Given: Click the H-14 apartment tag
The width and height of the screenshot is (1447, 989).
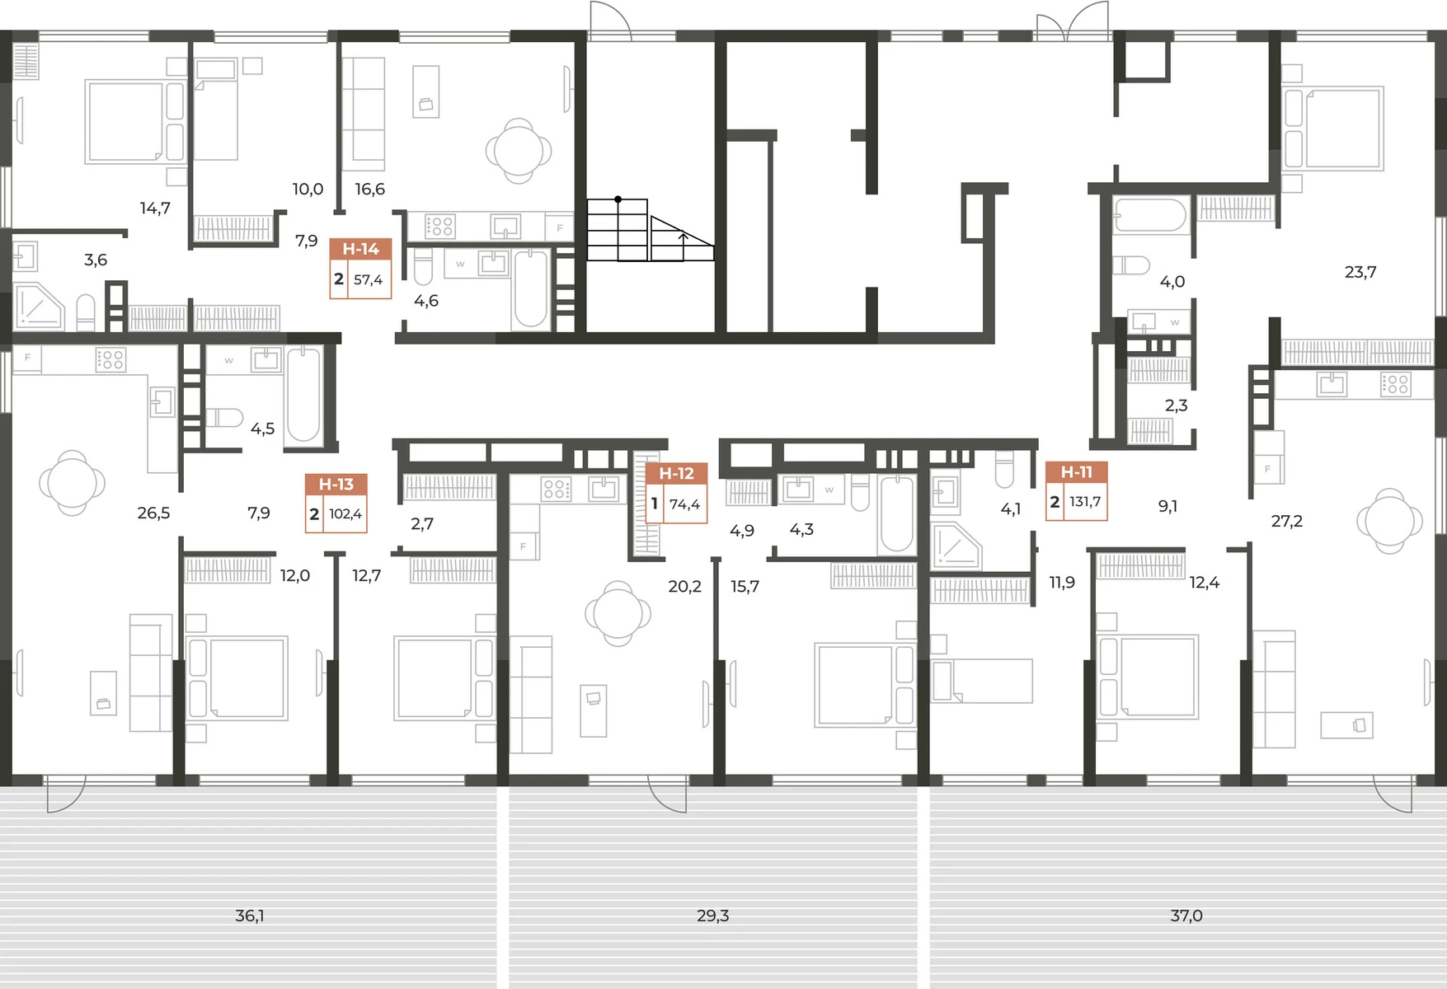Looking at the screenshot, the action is (x=360, y=268).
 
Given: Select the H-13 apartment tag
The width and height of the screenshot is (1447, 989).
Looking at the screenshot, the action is (x=336, y=503).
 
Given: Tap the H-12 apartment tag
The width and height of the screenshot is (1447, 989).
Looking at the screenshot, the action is (x=676, y=493).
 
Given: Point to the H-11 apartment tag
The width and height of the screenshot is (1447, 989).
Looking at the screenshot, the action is (x=1076, y=491).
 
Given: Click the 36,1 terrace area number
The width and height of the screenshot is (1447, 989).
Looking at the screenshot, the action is (x=250, y=916).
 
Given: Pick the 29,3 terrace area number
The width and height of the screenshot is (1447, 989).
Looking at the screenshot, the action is (x=713, y=916).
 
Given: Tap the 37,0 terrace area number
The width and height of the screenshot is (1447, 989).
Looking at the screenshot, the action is (x=1186, y=916).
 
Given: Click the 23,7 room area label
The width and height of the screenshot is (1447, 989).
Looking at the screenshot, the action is (x=1360, y=272).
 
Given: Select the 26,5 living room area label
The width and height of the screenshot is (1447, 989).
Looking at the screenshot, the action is (x=153, y=513).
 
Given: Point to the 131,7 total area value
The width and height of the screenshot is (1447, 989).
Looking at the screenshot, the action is (x=1085, y=502).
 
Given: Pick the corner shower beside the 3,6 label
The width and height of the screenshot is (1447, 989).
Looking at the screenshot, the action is (x=39, y=306).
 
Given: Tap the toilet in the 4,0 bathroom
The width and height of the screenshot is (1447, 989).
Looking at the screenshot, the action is (x=1130, y=265).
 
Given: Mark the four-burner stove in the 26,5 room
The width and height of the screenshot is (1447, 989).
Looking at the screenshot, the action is (x=110, y=359).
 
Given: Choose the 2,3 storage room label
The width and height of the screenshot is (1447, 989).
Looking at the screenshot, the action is (x=1176, y=405).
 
